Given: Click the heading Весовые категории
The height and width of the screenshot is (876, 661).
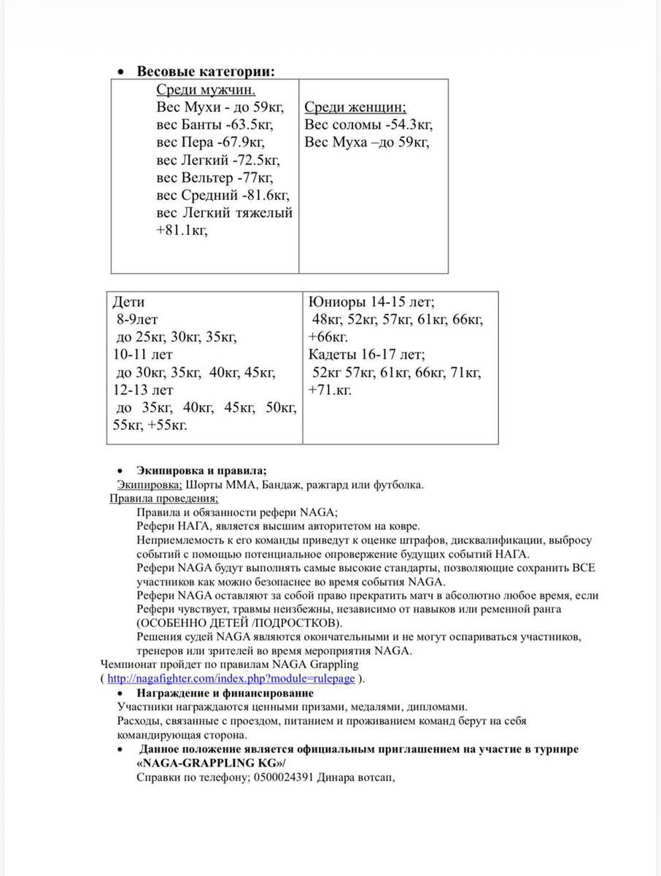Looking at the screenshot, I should (206, 72).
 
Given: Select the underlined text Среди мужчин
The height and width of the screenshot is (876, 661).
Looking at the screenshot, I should (206, 90).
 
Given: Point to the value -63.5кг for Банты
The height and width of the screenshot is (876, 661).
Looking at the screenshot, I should (249, 124).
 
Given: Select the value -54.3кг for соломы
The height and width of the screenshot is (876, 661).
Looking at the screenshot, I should (405, 124).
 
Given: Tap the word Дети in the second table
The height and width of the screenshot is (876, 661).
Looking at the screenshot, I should (129, 302).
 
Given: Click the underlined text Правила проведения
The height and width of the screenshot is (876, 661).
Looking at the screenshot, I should (163, 499).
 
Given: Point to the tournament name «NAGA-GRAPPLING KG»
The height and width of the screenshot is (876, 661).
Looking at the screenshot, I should (211, 764).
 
